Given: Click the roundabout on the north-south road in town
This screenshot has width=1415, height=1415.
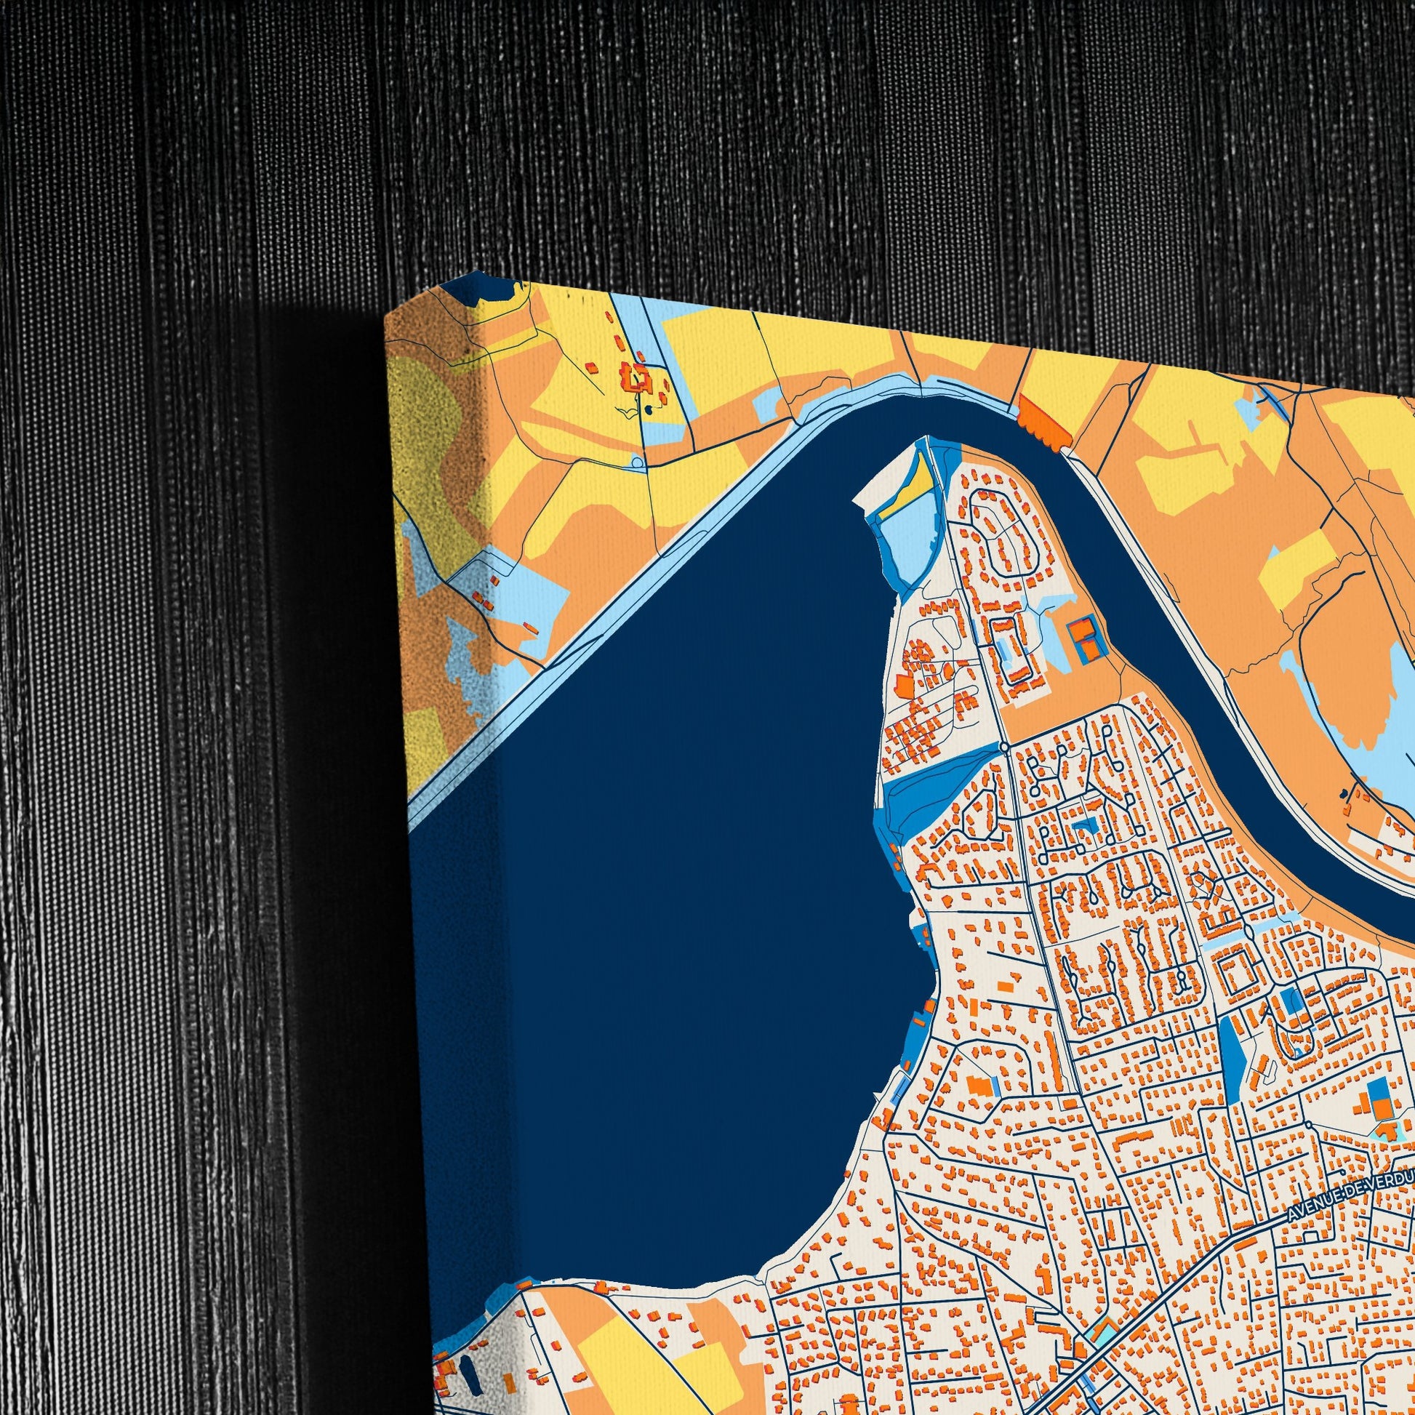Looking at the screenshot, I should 1004,746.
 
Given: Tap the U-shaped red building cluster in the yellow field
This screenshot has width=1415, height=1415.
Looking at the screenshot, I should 636,377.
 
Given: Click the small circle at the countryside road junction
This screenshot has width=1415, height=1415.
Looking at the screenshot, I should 637,462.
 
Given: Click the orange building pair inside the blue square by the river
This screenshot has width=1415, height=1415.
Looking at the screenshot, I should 1084,636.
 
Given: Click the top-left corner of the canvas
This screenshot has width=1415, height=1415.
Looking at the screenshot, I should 386,315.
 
